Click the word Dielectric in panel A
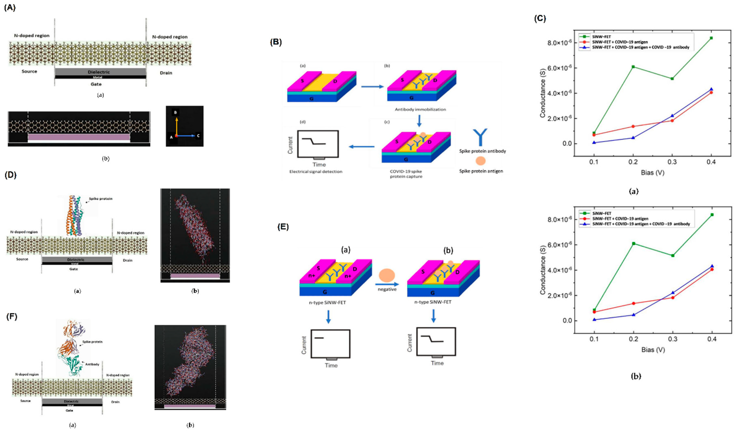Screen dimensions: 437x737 [99, 72]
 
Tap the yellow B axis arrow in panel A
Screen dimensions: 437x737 [177, 125]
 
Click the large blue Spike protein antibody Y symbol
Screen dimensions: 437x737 [480, 137]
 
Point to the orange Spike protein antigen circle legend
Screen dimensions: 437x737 [481, 161]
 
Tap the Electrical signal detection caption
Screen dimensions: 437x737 [316, 171]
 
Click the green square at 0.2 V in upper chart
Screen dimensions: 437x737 [633, 66]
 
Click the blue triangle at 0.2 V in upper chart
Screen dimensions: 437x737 [633, 138]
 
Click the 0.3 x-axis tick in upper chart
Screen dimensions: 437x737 [672, 162]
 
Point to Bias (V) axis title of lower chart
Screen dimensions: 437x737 [653, 350]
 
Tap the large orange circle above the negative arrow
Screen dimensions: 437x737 [387, 275]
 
